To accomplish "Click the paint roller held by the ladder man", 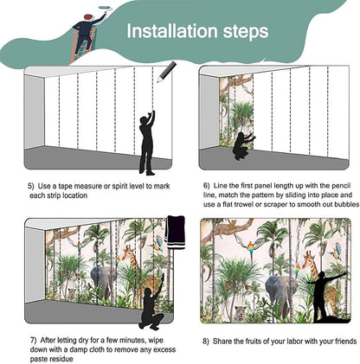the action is click(103, 9).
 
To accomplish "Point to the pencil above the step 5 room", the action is click(167, 72).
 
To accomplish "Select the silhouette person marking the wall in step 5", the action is click(147, 143).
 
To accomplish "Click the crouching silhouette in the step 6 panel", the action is click(243, 144).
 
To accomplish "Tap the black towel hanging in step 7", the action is click(175, 233).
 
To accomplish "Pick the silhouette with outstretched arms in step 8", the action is click(325, 296).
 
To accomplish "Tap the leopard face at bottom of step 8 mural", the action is click(239, 313).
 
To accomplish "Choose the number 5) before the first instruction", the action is click(31, 186).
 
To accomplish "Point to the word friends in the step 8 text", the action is click(345, 342).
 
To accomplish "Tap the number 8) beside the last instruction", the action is click(205, 342).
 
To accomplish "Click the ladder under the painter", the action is click(83, 47).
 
